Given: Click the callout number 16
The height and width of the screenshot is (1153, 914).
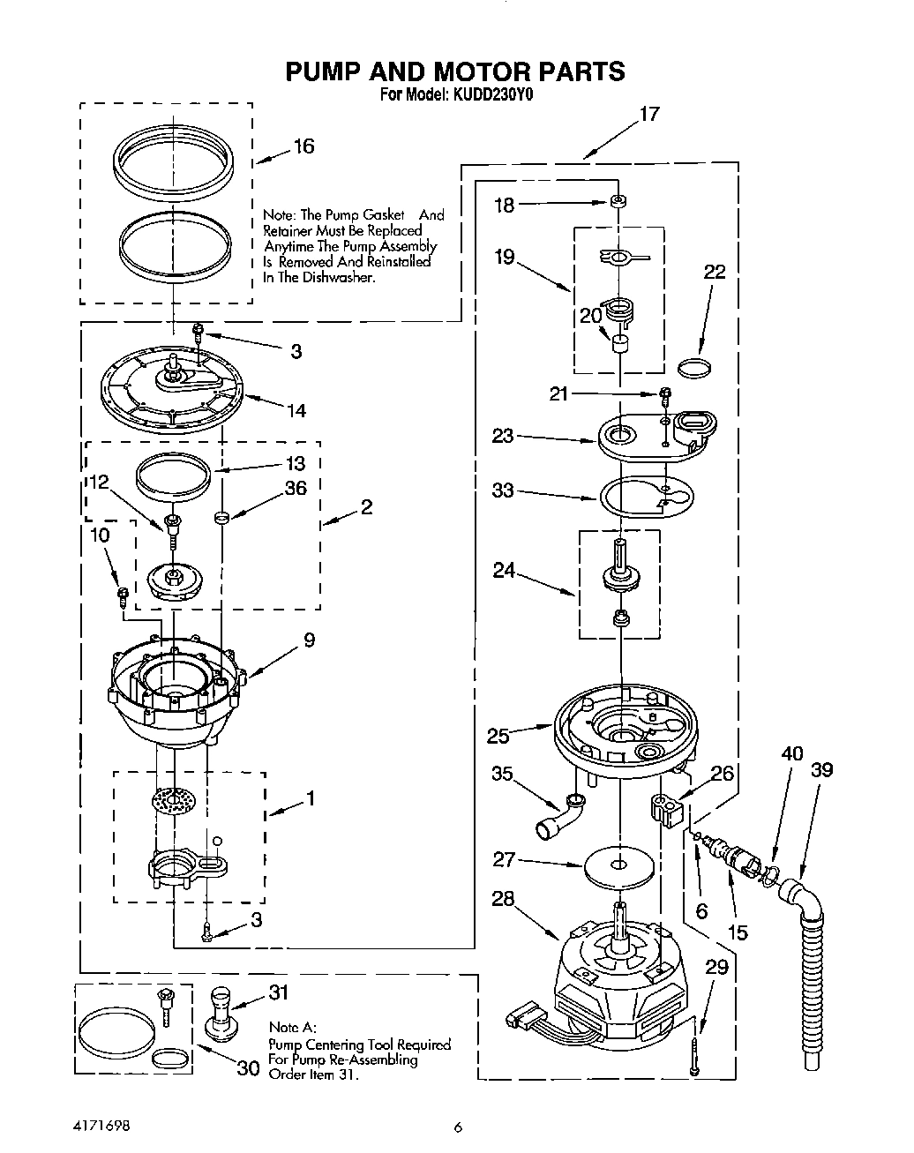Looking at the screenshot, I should click(303, 146).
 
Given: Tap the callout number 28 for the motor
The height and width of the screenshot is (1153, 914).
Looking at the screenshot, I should click(502, 899).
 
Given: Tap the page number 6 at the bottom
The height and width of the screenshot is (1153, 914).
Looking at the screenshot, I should click(457, 1126).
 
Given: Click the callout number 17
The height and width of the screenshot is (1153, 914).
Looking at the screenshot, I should click(648, 114).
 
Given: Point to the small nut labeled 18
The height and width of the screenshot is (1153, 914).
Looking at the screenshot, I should click(619, 202).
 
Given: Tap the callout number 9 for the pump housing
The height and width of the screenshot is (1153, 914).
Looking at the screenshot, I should click(309, 640).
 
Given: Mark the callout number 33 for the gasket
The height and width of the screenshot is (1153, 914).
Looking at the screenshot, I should click(502, 490).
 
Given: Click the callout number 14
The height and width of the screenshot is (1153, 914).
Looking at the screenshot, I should click(296, 410).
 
